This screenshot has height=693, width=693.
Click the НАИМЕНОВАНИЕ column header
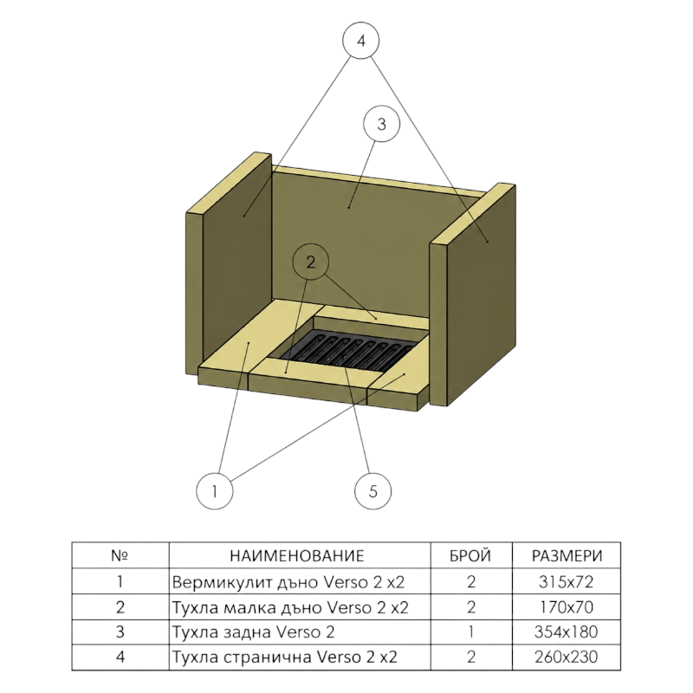296,555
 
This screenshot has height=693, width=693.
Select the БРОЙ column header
470,555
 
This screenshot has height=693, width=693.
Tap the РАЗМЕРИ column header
567,555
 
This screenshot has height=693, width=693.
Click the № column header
120,555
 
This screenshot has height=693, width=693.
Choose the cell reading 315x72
567,581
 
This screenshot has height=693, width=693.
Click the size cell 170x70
567,607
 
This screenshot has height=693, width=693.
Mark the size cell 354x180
567,632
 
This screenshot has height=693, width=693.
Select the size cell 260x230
567,657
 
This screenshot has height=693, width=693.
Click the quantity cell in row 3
471,632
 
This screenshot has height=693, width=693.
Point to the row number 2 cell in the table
120,607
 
